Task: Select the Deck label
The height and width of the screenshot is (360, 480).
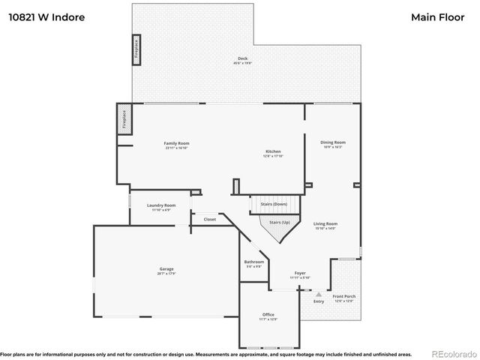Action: (x=242, y=58)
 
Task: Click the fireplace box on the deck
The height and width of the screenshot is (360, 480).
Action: (x=136, y=47)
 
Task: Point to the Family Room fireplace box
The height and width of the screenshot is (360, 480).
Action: (x=124, y=121)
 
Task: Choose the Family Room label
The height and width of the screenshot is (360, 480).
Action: (x=177, y=143)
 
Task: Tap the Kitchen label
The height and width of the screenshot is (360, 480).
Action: (x=272, y=151)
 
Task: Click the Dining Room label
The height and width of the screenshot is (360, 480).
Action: (x=333, y=142)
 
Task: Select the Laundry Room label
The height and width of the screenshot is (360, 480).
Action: (x=161, y=205)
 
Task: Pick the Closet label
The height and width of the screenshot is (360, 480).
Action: (x=209, y=219)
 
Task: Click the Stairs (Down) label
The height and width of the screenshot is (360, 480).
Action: (x=274, y=204)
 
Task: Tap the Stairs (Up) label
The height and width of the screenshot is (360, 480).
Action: (x=279, y=223)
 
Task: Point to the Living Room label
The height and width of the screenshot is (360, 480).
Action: (x=325, y=223)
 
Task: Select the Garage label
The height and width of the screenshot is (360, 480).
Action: (x=166, y=268)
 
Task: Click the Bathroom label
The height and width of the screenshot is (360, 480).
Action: (x=254, y=262)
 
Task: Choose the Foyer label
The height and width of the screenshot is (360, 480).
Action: (x=299, y=273)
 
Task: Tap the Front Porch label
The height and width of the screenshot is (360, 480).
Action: (x=344, y=296)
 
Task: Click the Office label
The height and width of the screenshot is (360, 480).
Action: (x=268, y=314)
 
